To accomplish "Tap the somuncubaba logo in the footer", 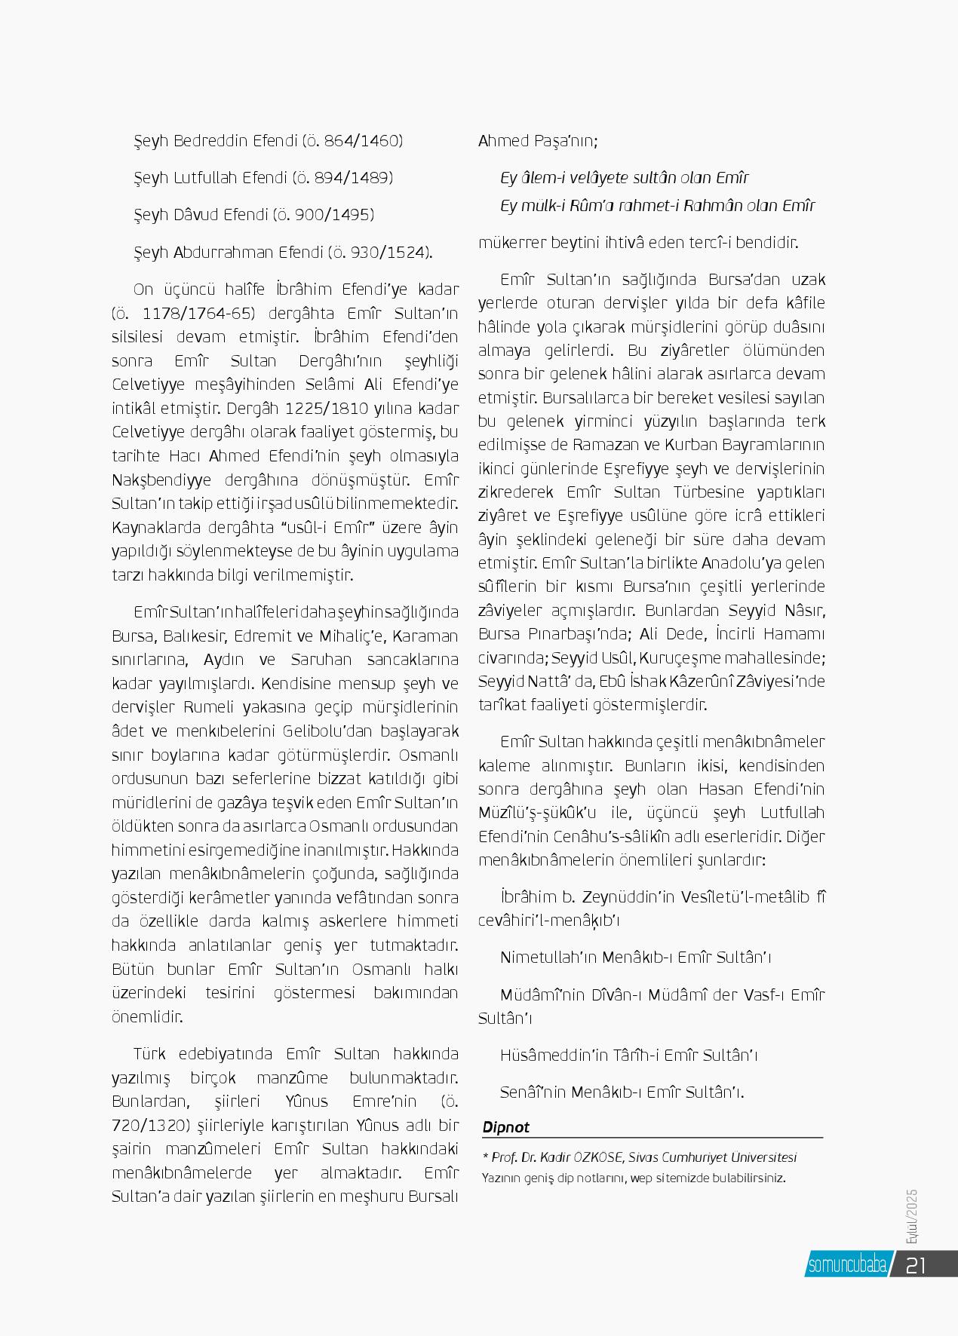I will tap(847, 1265).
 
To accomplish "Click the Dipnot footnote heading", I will tap(506, 1127).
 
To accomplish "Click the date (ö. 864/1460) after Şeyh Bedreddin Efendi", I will tap(352, 141).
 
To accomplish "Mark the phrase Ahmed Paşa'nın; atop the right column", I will tap(538, 141).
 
